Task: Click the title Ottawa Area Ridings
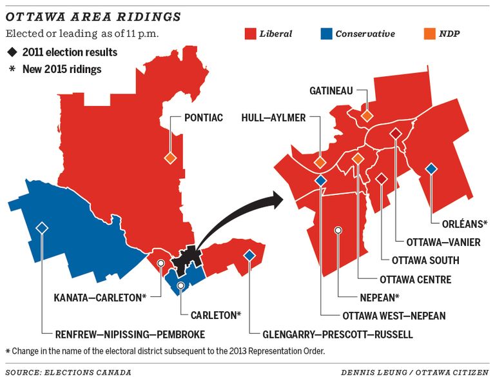click(93, 15)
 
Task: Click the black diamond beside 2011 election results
click(12, 52)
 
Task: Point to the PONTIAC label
click(204, 118)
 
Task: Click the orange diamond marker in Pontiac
click(170, 158)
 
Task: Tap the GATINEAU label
click(331, 91)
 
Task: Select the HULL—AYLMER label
click(274, 118)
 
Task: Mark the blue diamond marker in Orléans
click(431, 169)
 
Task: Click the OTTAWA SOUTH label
click(425, 260)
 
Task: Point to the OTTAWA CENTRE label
click(416, 280)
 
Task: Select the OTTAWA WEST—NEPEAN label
click(394, 316)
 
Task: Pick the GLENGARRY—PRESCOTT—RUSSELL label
click(338, 335)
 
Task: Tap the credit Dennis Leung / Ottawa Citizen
click(415, 373)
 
